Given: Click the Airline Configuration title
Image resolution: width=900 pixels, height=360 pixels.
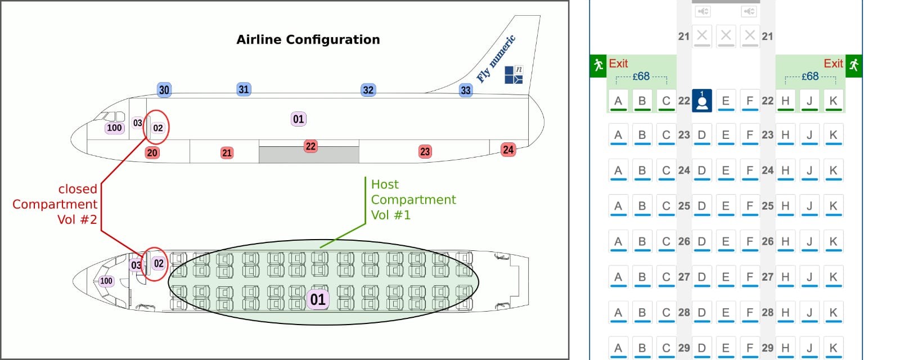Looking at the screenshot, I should tap(308, 39).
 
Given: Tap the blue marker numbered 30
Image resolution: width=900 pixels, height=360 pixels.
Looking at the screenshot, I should tap(164, 90).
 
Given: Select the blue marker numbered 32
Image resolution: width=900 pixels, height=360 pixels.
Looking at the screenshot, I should tap(368, 90).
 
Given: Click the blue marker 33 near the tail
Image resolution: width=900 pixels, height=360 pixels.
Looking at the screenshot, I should tap(466, 90).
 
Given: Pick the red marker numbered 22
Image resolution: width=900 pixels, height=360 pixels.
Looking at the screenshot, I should tap(310, 146).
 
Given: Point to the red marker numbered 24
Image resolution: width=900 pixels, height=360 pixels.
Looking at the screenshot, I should tap(508, 150).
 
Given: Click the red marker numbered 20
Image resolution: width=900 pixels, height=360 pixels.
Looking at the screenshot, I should tap(152, 152).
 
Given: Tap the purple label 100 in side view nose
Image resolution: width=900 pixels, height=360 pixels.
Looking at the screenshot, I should tap(114, 128).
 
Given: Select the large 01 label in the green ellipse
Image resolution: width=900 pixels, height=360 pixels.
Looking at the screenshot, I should tap(318, 299).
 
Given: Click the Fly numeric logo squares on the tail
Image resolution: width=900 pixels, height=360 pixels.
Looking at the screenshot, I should tap(513, 75).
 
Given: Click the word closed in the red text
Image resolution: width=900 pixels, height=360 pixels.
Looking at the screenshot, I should tap(78, 189).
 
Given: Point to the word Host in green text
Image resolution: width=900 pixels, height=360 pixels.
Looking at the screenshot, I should tap(385, 184).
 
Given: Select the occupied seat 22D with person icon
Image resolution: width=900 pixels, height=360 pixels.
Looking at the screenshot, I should tap(701, 101).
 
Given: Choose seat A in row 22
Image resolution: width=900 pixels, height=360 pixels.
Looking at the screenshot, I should tap(618, 101).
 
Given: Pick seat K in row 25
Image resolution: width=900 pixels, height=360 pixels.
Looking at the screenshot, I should tap(833, 206).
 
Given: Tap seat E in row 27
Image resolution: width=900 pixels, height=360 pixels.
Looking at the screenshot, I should tap(726, 277).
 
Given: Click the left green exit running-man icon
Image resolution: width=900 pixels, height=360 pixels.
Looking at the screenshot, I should tap(598, 65).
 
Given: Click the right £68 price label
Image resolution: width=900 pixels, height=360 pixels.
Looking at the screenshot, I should tap(809, 76).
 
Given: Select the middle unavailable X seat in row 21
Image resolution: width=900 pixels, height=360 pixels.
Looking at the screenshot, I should tap(726, 35).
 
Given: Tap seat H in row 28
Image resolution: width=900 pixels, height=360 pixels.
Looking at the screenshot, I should tap(785, 312).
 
